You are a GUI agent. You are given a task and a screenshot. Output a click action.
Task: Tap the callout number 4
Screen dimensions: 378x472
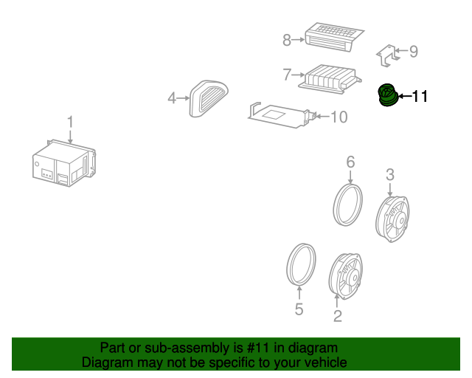172,97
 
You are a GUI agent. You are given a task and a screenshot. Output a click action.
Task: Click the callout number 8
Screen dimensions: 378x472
287,40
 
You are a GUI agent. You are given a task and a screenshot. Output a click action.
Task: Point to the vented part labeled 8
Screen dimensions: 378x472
333,35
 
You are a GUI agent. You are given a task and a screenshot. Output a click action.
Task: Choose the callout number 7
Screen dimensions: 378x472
287,75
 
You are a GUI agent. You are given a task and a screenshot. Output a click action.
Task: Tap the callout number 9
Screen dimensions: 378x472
413,51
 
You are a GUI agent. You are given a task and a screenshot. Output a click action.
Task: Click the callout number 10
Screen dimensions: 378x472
339,117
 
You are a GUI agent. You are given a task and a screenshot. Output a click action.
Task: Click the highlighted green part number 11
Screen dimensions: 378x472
386,96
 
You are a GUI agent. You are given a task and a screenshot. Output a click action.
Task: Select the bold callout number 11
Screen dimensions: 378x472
419,96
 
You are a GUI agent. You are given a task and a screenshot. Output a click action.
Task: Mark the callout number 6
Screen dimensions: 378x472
350,161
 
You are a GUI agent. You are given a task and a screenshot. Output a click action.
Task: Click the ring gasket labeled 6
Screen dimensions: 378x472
348,204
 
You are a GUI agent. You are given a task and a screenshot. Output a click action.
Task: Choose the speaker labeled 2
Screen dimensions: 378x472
345,275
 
